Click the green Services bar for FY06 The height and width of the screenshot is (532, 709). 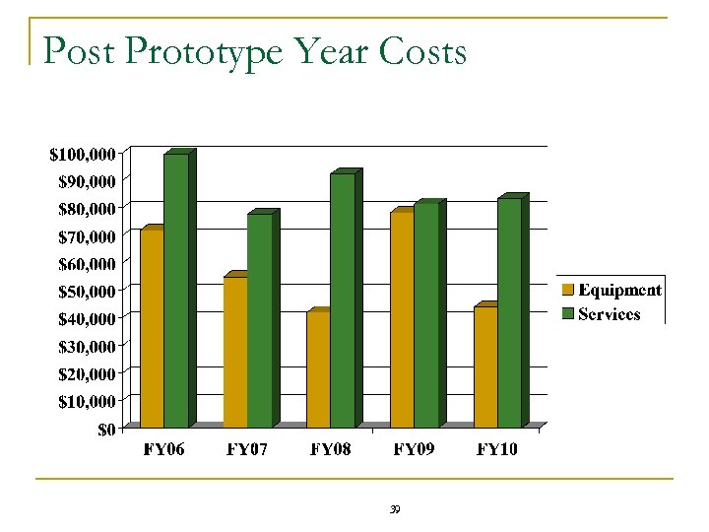coord(176,291)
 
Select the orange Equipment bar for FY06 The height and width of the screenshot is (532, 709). coord(152,328)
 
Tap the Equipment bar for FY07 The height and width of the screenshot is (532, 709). coord(235,352)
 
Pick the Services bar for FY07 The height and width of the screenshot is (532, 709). coord(260,320)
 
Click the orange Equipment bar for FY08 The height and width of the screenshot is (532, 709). coord(318,369)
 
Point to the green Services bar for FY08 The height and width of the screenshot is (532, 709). coord(343,300)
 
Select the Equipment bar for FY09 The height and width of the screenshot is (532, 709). coord(402,319)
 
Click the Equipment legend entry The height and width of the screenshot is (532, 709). coord(612,290)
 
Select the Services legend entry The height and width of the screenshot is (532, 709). coord(602,314)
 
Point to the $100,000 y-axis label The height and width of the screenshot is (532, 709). coord(83,154)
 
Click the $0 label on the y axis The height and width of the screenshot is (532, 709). coord(106,429)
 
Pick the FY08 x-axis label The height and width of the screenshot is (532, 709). coord(330,450)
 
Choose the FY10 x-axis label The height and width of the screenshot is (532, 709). coord(497,450)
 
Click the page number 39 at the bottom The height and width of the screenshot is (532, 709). coord(395,509)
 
